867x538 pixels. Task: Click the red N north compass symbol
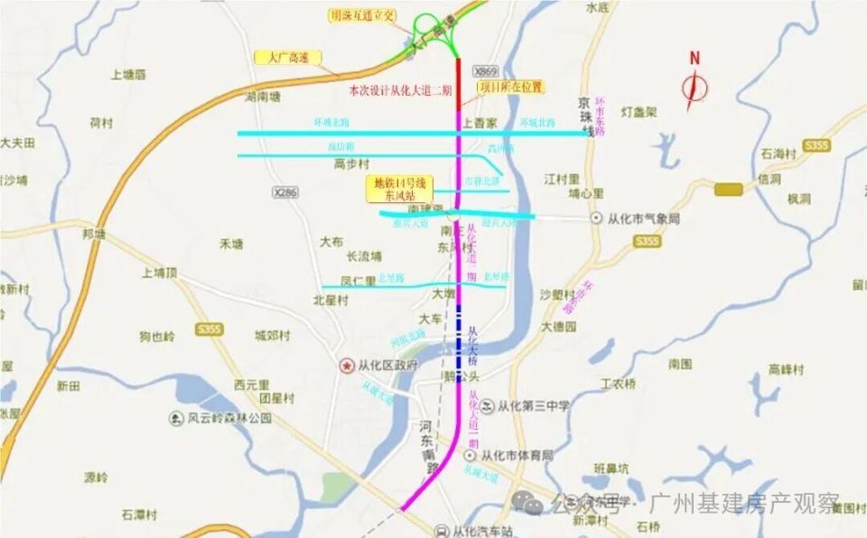click(695, 83)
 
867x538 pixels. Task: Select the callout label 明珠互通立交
click(361, 15)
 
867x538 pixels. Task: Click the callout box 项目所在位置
click(510, 87)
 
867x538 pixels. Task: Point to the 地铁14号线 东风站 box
click(399, 188)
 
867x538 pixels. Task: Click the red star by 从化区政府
click(346, 366)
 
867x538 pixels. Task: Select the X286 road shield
click(284, 192)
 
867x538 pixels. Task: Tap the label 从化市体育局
click(517, 456)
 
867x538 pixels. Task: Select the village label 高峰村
click(787, 368)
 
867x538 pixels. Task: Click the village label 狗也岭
click(156, 337)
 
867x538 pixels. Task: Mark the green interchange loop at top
click(440, 32)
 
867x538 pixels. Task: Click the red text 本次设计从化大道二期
click(400, 90)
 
